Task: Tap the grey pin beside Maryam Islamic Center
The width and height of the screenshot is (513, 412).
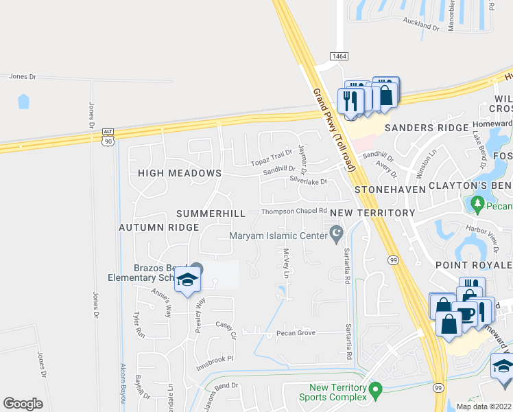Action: click(336, 236)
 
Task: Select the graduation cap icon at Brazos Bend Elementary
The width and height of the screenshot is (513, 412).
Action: click(187, 280)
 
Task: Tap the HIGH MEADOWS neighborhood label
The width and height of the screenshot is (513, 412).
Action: click(179, 174)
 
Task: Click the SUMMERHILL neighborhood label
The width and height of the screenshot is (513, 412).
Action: click(211, 214)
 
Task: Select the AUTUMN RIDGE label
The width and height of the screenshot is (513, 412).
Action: click(158, 227)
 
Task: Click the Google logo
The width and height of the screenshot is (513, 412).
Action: click(23, 404)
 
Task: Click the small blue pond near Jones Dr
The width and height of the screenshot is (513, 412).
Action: click(24, 102)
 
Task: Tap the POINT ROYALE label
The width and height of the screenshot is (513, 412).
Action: click(473, 265)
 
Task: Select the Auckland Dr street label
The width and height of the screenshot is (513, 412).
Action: click(421, 27)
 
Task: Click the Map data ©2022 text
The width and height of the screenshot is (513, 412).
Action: click(484, 407)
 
